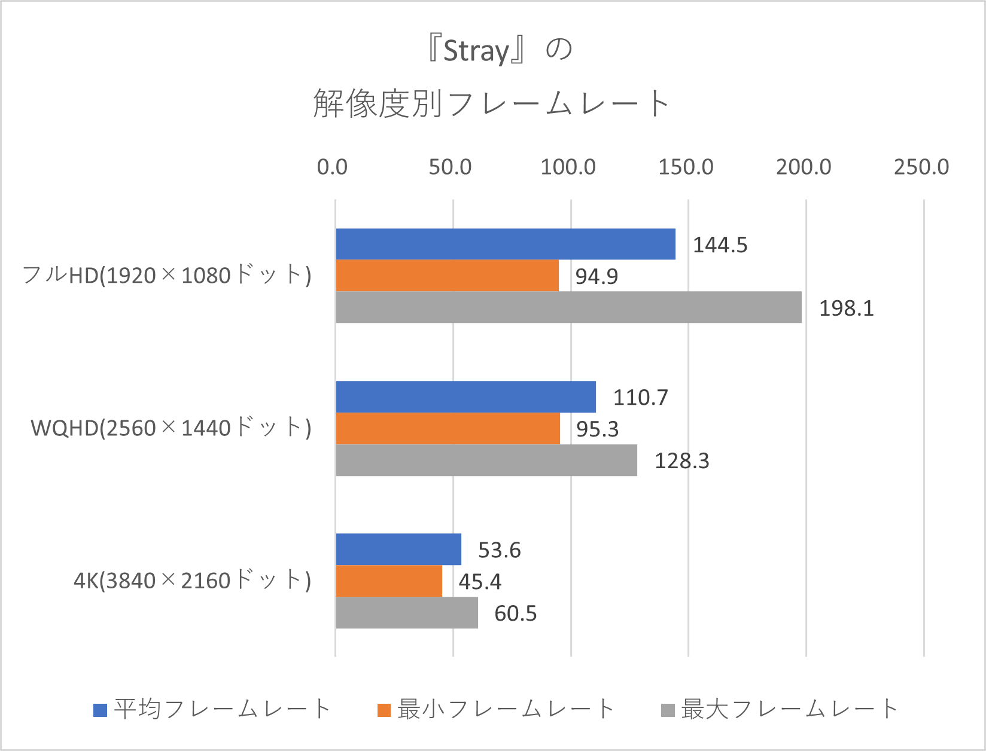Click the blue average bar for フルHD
coord(506,244)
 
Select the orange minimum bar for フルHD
coord(447,276)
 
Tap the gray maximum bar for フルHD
coord(568,307)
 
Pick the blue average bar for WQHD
coord(465,397)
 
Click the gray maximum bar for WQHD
coord(486,460)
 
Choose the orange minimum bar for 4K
coord(389,581)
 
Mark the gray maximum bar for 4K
coord(407,613)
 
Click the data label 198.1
coord(846,309)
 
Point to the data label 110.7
coord(640,398)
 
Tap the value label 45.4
coord(480,582)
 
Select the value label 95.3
coord(597,429)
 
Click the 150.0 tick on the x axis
coord(686,167)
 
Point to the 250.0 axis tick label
coord(921,167)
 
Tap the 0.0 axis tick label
coord(332,167)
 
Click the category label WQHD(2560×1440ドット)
coord(171,428)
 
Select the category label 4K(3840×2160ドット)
coord(192,581)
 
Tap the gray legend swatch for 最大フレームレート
coord(668,710)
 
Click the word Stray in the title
coord(476,51)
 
